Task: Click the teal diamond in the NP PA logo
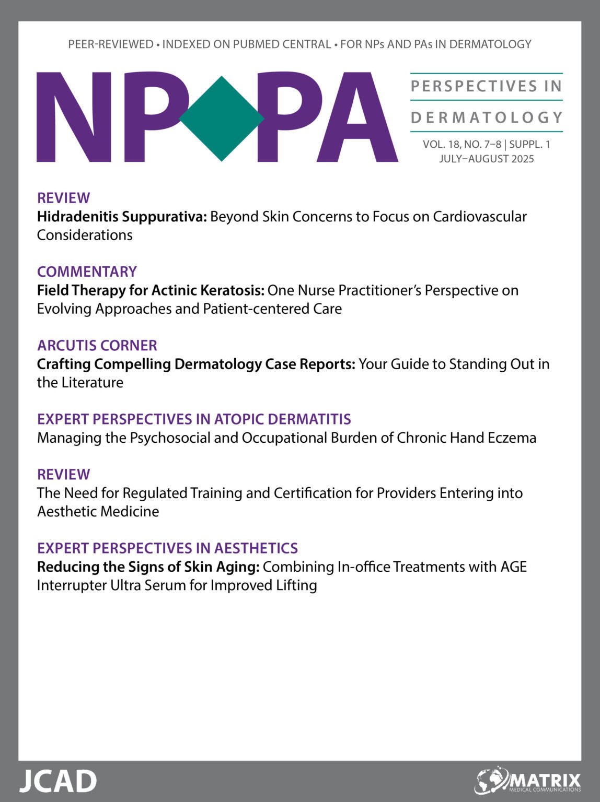(x=222, y=119)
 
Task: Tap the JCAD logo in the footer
(x=58, y=781)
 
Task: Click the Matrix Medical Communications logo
(x=528, y=781)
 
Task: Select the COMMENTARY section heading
(x=87, y=272)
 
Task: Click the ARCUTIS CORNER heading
(x=97, y=345)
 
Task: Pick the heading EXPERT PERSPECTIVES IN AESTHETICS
(x=167, y=548)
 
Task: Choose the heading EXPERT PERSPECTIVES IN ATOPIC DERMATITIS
(x=194, y=419)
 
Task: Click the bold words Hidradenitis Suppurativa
(x=122, y=217)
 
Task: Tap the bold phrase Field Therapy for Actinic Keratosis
(x=151, y=290)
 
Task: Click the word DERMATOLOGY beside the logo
(x=487, y=117)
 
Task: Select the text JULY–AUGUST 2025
(x=486, y=159)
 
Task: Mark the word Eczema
(x=512, y=438)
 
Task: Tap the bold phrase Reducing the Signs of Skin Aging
(x=148, y=567)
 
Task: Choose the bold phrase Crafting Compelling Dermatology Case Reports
(x=196, y=364)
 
